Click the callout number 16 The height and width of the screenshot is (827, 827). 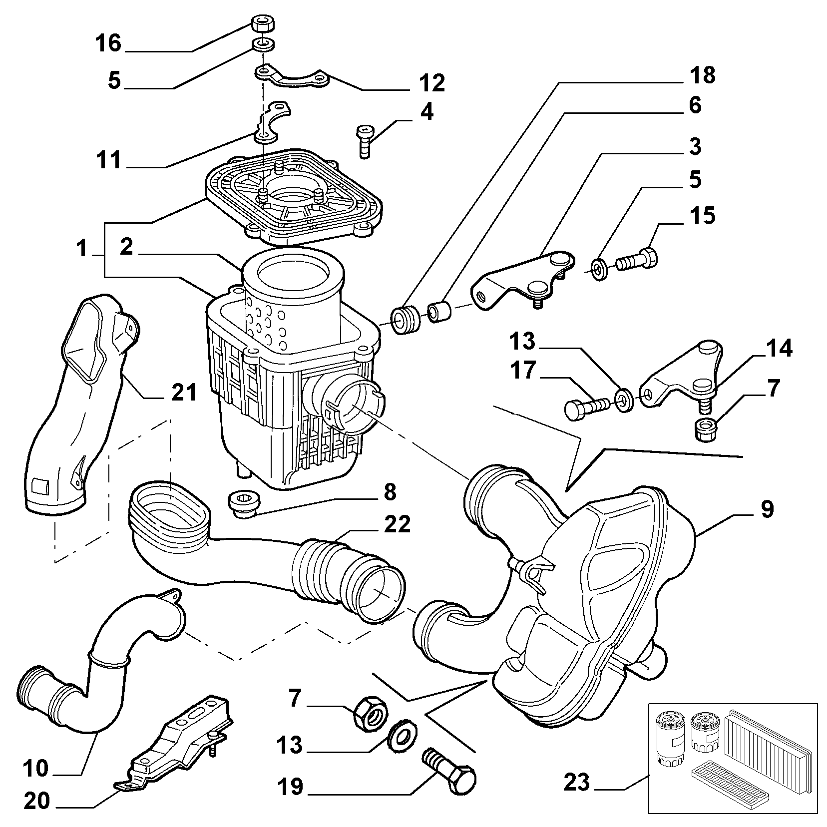coord(108,43)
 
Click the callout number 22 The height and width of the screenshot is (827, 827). coord(397,524)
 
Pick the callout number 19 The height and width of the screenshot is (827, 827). coord(290,801)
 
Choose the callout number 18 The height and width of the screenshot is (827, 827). coord(703,75)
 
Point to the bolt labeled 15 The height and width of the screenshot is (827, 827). coord(638,259)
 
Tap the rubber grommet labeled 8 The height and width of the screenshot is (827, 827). coord(244,504)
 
